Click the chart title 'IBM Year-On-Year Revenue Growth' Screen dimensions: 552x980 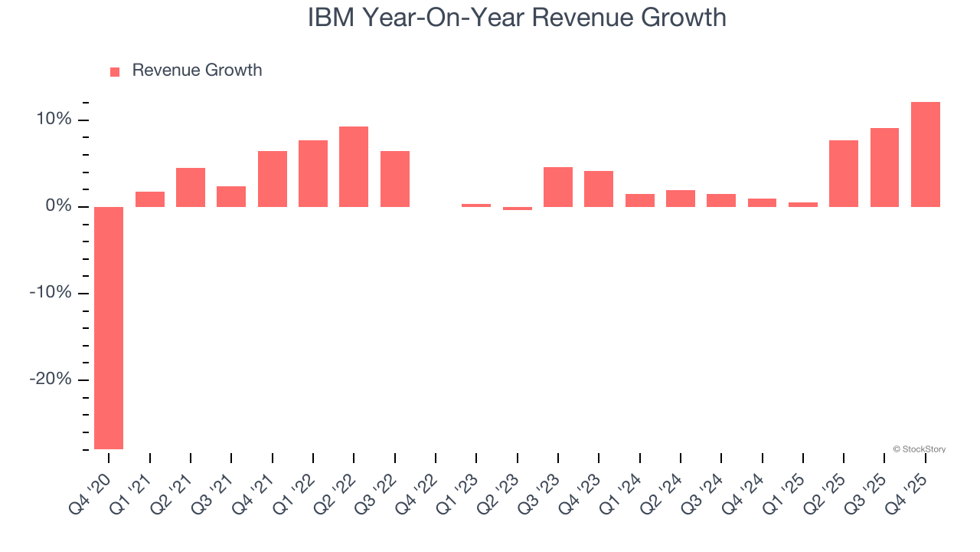[x=517, y=17]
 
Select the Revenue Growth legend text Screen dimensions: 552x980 [x=197, y=71]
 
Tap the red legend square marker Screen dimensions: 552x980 [x=115, y=72]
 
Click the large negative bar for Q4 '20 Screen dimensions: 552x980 [x=109, y=327]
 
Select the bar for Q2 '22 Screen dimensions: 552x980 [x=354, y=166]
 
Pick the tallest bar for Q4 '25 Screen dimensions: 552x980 [x=925, y=154]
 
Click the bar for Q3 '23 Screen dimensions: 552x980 [x=558, y=186]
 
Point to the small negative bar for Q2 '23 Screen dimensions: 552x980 [x=518, y=209]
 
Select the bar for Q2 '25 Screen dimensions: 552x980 [x=844, y=173]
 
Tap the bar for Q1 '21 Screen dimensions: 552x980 [x=150, y=199]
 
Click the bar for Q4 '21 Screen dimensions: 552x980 [x=273, y=179]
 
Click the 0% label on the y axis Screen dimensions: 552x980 [x=57, y=206]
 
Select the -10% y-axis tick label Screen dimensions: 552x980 [x=50, y=294]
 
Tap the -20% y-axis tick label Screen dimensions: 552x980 [x=50, y=380]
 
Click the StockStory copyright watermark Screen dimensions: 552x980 [x=919, y=449]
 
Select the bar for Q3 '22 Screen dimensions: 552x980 [x=395, y=179]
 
